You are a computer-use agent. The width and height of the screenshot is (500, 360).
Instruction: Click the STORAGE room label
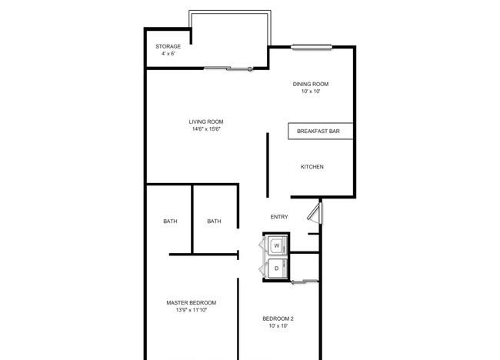168,46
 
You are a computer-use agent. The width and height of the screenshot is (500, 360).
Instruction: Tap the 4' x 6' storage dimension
168,54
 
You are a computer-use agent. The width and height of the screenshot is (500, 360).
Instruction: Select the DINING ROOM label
311,84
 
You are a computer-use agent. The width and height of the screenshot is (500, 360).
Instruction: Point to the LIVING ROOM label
206,122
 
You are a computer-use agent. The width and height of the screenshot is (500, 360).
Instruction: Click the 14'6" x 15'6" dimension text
206,129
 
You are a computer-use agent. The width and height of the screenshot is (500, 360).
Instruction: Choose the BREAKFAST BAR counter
321,131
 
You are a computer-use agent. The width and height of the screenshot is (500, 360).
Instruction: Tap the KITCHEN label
312,167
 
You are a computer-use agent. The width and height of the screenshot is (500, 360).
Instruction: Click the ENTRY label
279,217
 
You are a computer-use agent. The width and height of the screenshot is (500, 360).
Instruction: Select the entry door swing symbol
315,212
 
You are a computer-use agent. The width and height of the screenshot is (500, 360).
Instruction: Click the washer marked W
277,245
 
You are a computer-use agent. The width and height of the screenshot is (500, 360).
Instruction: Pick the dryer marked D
277,268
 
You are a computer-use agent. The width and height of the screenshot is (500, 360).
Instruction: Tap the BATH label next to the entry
214,221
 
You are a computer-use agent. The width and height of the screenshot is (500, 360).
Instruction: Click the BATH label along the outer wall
170,221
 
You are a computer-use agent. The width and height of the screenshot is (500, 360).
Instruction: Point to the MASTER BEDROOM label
192,302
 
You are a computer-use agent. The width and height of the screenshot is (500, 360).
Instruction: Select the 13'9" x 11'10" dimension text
192,310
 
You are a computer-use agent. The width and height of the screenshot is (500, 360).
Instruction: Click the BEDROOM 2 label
278,318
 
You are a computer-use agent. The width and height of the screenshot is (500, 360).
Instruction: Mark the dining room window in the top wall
312,47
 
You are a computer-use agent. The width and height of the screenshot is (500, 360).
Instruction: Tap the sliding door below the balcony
228,68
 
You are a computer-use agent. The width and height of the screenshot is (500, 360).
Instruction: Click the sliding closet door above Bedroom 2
305,282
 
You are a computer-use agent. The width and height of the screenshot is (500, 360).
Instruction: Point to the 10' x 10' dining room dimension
311,92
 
